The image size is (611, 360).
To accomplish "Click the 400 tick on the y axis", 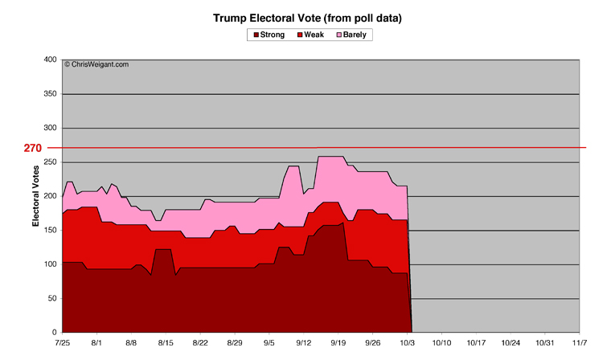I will click(50, 59).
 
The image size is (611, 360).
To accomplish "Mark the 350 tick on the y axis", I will click(50, 94).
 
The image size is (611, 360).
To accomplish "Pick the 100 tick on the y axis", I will click(50, 264).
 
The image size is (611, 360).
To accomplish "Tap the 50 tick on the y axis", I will click(52, 298).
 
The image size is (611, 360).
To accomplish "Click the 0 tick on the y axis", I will click(55, 332).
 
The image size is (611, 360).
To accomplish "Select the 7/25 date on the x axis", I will click(63, 343).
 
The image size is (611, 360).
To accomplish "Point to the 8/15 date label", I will click(166, 343).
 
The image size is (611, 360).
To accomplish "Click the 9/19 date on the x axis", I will click(338, 343).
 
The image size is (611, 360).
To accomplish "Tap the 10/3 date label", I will click(407, 343).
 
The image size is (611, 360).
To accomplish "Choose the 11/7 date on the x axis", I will click(579, 343).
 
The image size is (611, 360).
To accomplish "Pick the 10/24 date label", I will click(510, 343).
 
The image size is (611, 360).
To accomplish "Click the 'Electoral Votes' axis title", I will click(36, 196).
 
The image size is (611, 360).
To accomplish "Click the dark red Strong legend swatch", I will click(257, 35).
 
